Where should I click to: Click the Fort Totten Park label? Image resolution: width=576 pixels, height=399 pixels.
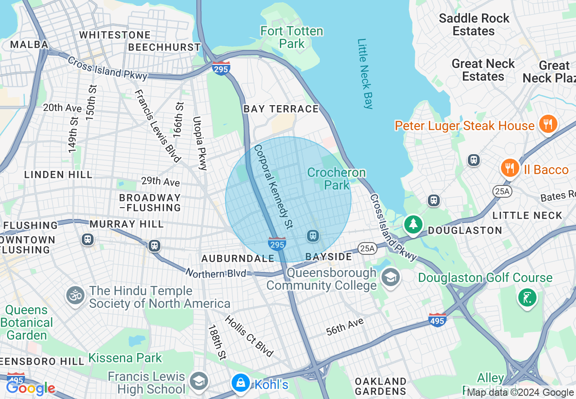[x=292, y=37]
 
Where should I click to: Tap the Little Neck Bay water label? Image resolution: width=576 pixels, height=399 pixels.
[x=365, y=73]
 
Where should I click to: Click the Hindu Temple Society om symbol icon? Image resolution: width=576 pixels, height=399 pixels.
[x=75, y=296]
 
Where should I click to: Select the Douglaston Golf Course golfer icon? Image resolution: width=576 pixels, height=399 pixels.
[x=527, y=297]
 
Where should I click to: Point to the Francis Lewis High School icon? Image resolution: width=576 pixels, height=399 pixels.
[x=199, y=381]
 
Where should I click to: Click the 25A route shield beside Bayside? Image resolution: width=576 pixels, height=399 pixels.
[x=367, y=248]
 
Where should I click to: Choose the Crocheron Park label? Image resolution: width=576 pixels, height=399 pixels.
[x=336, y=179]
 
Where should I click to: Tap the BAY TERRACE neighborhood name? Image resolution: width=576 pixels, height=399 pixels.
[x=281, y=109]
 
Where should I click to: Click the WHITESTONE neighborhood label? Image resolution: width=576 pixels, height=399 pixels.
[x=115, y=35]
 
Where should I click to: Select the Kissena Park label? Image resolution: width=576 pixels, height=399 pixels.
[x=125, y=357]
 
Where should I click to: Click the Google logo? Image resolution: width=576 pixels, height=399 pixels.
[x=30, y=388]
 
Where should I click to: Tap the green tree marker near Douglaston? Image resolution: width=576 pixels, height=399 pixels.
[x=413, y=224]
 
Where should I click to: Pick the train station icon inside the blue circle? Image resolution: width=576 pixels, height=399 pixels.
[x=313, y=235]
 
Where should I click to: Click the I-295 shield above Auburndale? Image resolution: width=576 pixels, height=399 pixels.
[x=277, y=244]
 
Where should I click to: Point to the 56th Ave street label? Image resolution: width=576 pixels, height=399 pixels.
[x=345, y=327]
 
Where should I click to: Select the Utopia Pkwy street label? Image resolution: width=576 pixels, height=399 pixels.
[x=199, y=143]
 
